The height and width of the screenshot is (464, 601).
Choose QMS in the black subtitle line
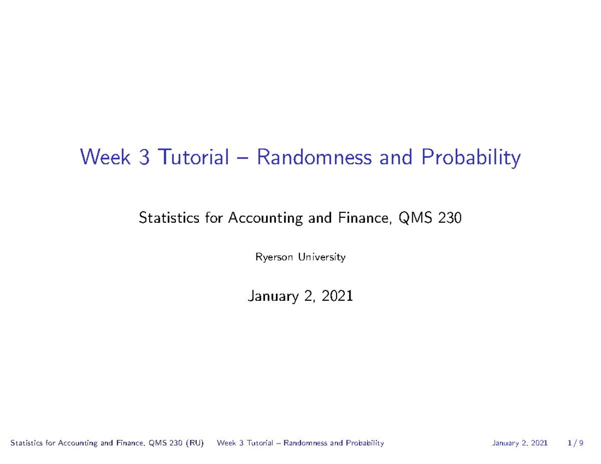[411, 219]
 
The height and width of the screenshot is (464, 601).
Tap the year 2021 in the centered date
[338, 296]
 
